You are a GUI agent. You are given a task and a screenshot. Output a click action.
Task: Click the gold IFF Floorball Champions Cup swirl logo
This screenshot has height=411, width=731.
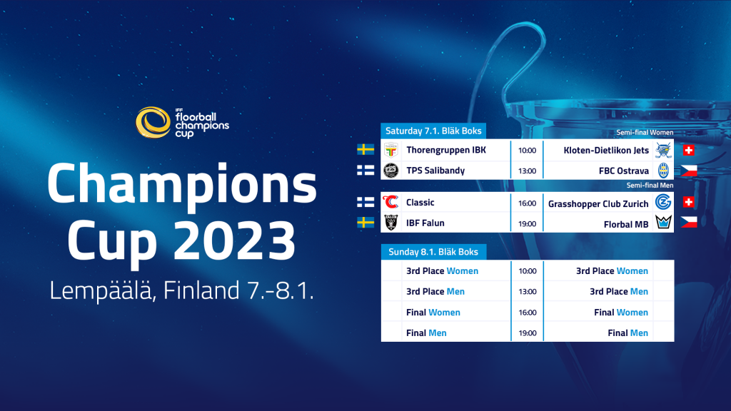(x=153, y=123)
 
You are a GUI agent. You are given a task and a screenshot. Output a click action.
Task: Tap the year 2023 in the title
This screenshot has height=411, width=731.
(x=235, y=240)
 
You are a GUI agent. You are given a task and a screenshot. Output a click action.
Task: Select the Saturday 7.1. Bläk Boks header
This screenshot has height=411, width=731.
(x=433, y=131)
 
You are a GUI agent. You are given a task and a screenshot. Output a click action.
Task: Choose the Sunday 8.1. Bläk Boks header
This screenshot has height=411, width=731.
(x=433, y=252)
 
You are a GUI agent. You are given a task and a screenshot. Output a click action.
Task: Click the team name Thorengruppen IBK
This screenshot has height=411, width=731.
(x=446, y=150)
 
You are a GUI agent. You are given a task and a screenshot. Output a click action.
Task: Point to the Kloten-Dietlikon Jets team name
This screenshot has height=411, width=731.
(x=606, y=150)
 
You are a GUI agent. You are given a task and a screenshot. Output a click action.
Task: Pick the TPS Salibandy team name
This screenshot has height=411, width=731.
(x=435, y=171)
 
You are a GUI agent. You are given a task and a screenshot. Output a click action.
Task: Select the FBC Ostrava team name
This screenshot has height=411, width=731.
(x=624, y=171)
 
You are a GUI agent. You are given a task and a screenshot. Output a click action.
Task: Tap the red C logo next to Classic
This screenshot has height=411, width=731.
(x=390, y=202)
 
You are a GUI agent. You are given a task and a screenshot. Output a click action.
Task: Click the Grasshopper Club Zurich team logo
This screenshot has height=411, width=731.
(x=663, y=202)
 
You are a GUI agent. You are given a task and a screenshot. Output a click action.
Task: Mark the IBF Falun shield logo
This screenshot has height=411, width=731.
(x=390, y=223)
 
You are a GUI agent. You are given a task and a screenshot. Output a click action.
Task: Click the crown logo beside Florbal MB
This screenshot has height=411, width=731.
(x=663, y=223)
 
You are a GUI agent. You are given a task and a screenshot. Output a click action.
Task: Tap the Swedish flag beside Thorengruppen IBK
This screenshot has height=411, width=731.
(x=365, y=150)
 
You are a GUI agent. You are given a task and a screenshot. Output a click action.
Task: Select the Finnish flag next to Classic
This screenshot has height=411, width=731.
(x=365, y=202)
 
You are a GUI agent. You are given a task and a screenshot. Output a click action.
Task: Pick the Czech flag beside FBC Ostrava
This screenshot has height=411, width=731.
(x=689, y=171)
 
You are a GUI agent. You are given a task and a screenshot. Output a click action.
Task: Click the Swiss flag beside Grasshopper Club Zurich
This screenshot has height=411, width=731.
(x=689, y=202)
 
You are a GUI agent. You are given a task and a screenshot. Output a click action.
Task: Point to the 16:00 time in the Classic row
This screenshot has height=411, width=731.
(x=528, y=203)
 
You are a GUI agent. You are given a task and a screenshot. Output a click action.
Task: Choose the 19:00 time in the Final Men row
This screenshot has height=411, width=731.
(x=528, y=333)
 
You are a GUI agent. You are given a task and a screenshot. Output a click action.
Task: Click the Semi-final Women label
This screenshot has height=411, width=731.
(x=645, y=132)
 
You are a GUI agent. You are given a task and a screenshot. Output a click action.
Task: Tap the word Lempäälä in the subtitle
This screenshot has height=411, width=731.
(x=101, y=290)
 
